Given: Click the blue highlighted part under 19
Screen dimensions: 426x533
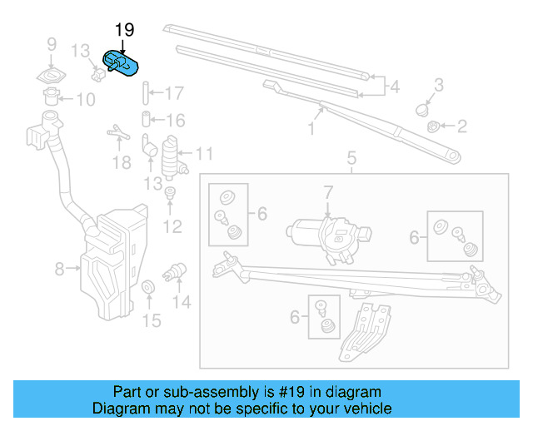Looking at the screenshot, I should (122, 63).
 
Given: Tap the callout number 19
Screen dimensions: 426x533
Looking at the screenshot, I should (123, 31).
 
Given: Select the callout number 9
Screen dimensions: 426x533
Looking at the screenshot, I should (51, 44).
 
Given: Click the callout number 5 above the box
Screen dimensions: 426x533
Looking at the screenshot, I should (351, 156).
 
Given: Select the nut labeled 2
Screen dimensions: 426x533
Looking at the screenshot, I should (434, 126).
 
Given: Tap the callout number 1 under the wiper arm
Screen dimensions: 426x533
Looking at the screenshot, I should (311, 129).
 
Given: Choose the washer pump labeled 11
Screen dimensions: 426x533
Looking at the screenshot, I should (173, 153).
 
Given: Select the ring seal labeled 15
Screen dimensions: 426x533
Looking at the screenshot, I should (148, 288).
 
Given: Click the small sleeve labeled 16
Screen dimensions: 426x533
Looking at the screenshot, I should (145, 120).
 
